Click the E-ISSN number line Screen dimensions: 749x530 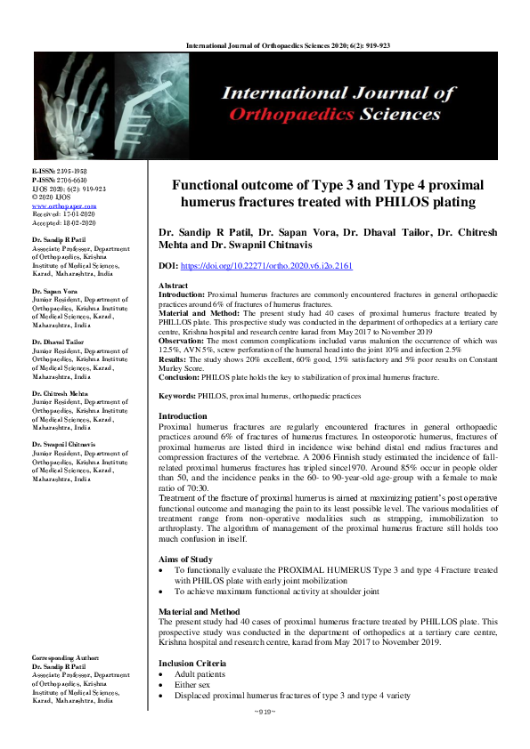pyautogui.click(x=59, y=170)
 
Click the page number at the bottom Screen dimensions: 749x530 pyautogui.click(x=265, y=713)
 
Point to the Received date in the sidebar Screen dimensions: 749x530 pyautogui.click(x=63, y=213)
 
